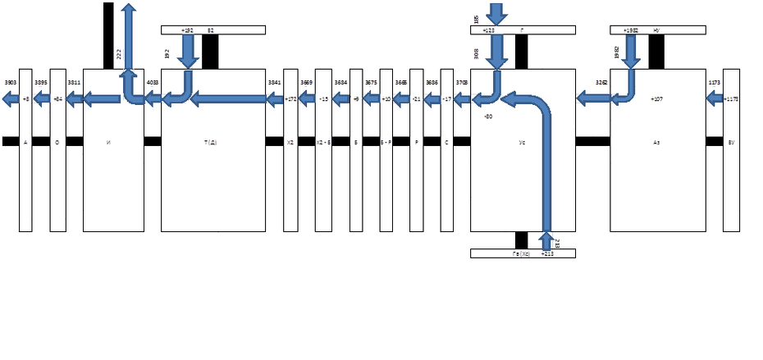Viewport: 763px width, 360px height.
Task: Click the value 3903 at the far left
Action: [x=10, y=83]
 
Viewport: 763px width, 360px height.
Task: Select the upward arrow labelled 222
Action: [x=128, y=49]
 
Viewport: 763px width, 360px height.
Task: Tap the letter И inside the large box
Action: [x=109, y=142]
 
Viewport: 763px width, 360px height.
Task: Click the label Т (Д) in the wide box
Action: [x=210, y=142]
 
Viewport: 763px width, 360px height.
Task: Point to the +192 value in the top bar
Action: [x=188, y=30]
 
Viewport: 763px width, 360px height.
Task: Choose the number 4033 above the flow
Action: [x=153, y=83]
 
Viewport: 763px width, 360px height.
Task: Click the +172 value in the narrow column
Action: [x=290, y=99]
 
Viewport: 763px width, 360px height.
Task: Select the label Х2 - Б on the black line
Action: [x=323, y=142]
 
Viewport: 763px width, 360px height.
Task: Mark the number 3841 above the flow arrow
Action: [x=275, y=83]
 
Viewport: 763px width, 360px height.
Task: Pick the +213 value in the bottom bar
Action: [x=547, y=253]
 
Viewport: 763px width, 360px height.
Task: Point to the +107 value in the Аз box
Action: [x=656, y=99]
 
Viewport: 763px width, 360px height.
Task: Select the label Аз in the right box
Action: [x=656, y=142]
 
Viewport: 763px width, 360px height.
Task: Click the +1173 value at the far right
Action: [x=731, y=99]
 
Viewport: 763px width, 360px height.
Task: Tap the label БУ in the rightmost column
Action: [x=731, y=142]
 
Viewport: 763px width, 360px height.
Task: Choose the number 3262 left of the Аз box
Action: [x=601, y=83]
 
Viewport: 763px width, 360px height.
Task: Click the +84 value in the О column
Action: [x=57, y=99]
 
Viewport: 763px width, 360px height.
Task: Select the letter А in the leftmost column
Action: [x=25, y=142]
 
